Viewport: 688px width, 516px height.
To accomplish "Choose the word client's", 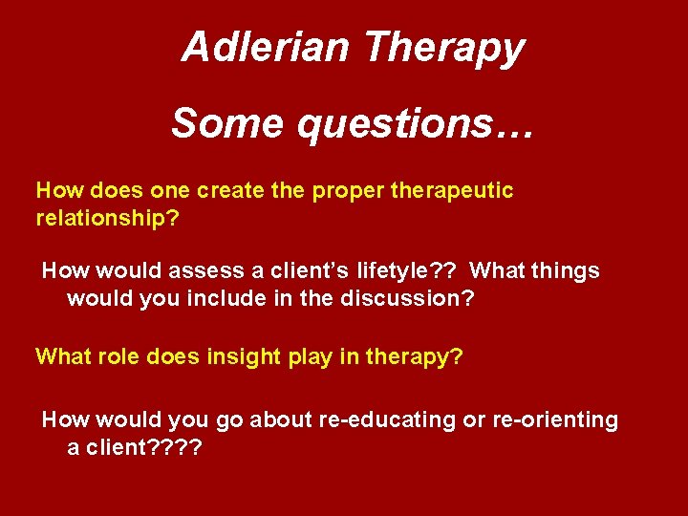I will pyautogui.click(x=281, y=271).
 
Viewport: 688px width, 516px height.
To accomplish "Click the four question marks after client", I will pyautogui.click(x=175, y=447).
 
